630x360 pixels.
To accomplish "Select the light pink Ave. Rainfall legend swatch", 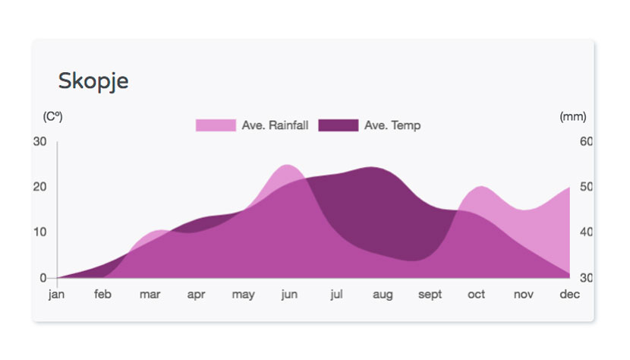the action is [x=216, y=125].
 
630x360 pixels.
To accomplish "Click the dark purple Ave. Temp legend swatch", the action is [x=339, y=125].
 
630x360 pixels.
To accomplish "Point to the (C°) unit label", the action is [x=52, y=117].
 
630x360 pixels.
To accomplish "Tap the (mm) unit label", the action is [x=573, y=117].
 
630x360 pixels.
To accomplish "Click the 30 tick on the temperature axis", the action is [x=39, y=141].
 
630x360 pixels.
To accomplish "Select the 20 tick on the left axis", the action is [x=39, y=187].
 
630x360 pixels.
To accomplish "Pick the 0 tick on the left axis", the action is [x=43, y=277].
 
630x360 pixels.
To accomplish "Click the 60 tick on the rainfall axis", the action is [x=586, y=141].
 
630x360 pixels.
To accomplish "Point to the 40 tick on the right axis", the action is [x=586, y=232].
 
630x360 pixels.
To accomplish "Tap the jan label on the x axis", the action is [x=56, y=295].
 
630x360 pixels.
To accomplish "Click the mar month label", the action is [x=150, y=295].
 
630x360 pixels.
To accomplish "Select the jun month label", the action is [x=289, y=295].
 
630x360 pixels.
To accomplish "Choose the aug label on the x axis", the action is [x=383, y=295].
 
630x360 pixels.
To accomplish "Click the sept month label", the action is [x=430, y=295].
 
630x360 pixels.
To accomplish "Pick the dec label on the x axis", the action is [x=569, y=294].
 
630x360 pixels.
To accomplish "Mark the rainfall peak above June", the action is [x=286, y=165].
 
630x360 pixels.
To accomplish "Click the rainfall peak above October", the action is [x=481, y=187].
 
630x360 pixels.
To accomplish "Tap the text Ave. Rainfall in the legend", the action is [x=275, y=125].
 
